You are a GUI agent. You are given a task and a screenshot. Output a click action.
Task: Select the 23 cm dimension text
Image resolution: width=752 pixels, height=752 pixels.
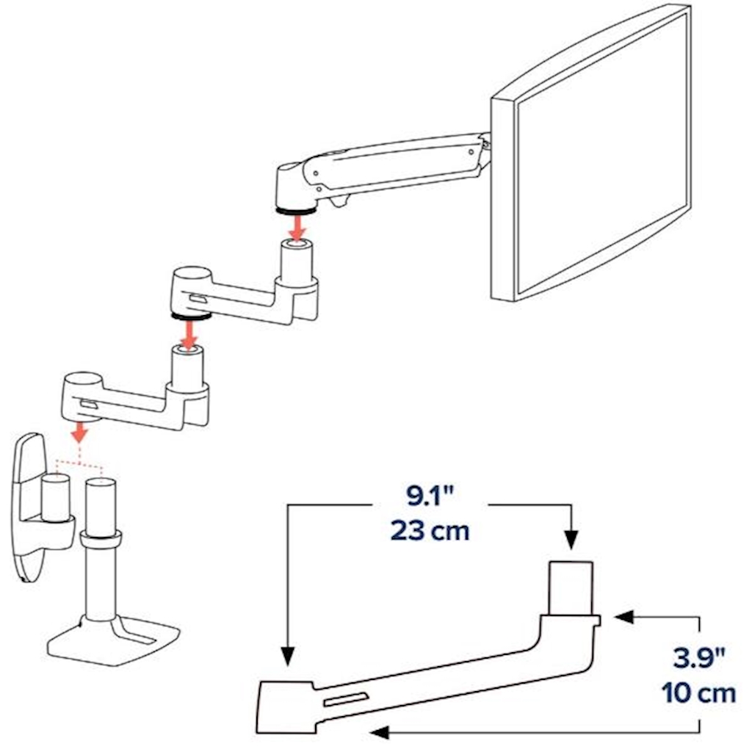point(430,531)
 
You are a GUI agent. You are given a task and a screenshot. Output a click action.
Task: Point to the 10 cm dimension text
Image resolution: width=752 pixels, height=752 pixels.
point(698,693)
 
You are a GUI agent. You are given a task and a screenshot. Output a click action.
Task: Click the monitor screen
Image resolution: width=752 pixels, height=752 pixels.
point(602,153)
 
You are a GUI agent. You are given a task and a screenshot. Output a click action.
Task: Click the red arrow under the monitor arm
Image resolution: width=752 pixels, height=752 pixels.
point(298,227)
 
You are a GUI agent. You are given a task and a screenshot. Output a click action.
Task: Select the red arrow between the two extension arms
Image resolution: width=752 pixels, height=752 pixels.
point(190,334)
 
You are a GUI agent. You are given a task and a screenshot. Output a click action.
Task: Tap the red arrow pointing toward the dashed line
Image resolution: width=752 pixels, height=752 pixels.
point(79,431)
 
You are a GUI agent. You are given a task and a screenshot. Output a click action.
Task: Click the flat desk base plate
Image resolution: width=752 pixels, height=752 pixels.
point(114,642)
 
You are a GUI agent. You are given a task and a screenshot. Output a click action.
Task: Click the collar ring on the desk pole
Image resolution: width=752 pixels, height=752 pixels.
point(101,539)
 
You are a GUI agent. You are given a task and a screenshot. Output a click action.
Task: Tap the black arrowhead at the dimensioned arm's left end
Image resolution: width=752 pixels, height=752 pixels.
point(287,656)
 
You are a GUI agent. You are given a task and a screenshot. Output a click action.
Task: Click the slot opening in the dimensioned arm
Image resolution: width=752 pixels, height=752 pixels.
point(347,699)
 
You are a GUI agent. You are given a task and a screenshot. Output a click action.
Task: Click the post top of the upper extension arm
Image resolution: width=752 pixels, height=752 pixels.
point(297,245)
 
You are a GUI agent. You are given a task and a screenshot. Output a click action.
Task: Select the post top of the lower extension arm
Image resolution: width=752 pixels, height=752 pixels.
point(187,351)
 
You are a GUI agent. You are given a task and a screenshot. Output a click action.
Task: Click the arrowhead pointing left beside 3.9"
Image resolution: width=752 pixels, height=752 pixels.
point(623,618)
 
